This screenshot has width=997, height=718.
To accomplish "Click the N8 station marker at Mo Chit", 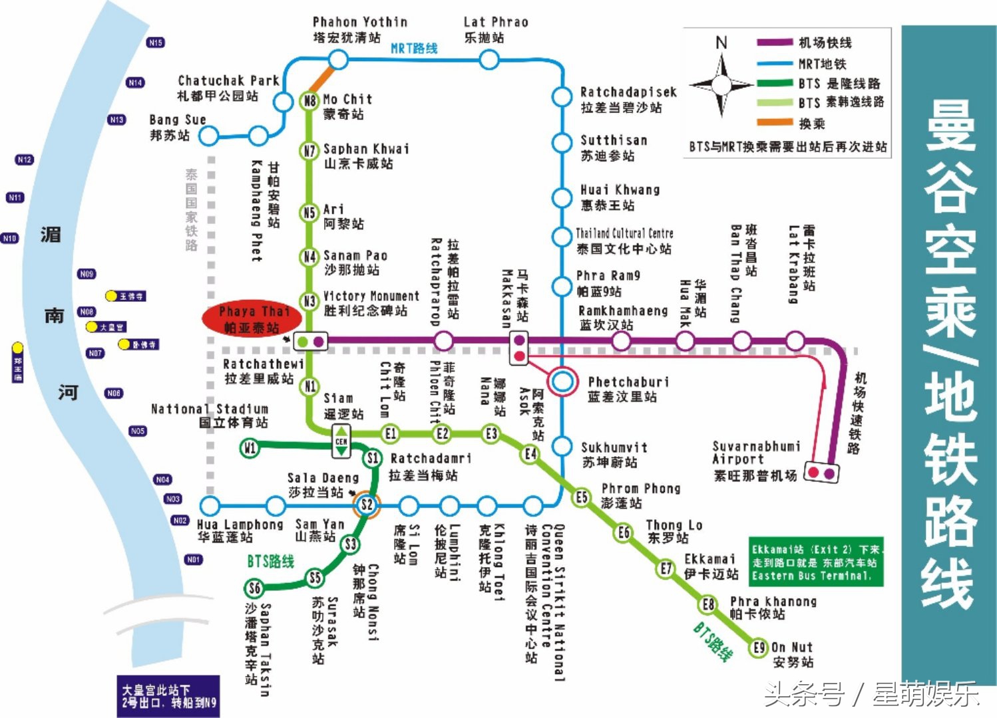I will click(x=309, y=101).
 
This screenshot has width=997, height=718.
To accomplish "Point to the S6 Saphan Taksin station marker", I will click(x=254, y=588).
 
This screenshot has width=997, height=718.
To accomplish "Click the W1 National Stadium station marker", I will click(x=249, y=448).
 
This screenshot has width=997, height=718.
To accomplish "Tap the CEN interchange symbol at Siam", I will click(x=341, y=441).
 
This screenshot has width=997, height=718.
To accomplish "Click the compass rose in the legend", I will click(x=721, y=85).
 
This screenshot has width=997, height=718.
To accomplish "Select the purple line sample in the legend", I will click(x=775, y=43).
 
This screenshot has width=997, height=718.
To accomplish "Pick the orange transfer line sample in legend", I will click(x=775, y=122).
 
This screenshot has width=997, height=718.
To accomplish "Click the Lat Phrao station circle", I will click(x=489, y=60).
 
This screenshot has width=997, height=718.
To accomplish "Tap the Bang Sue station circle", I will click(x=209, y=136).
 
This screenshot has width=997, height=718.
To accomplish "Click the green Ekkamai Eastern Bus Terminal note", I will click(x=816, y=562).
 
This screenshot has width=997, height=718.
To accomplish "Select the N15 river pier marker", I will click(x=155, y=43).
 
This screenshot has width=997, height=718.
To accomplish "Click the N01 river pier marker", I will click(x=193, y=559).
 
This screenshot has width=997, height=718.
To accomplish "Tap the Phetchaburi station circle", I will click(x=563, y=382).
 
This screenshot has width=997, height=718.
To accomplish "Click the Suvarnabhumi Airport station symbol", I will click(x=821, y=473).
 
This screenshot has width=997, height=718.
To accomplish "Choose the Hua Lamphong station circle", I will click(x=210, y=505).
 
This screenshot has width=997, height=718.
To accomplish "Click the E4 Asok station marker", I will click(x=530, y=454).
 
